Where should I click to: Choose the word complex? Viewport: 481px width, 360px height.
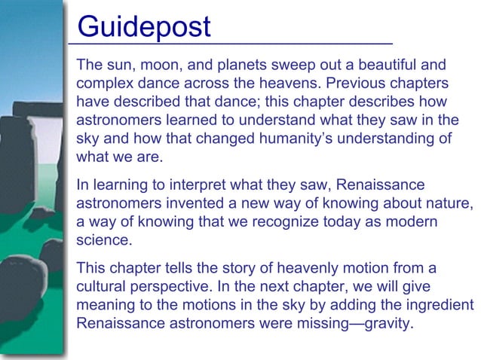click(x=106, y=84)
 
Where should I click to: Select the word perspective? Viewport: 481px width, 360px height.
click(x=174, y=288)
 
